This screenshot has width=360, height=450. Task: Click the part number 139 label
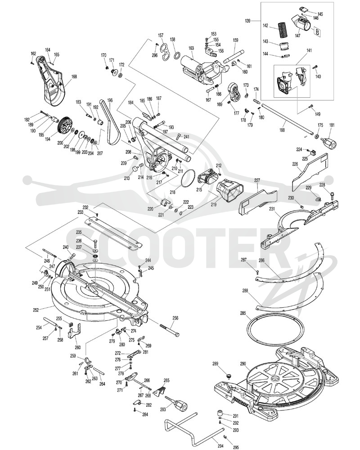click(248, 21)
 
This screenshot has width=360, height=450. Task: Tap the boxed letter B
click(318, 32)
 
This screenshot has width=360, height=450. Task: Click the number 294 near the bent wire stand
click(220, 445)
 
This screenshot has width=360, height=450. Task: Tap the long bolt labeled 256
click(170, 330)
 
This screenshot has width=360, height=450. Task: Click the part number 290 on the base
click(243, 364)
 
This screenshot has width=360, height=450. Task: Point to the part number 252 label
click(36, 310)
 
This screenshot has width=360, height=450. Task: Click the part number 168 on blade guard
click(74, 76)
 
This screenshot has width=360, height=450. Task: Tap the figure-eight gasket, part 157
click(165, 52)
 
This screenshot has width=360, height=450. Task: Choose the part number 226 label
click(295, 164)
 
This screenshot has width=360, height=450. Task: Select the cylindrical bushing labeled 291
click(220, 414)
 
